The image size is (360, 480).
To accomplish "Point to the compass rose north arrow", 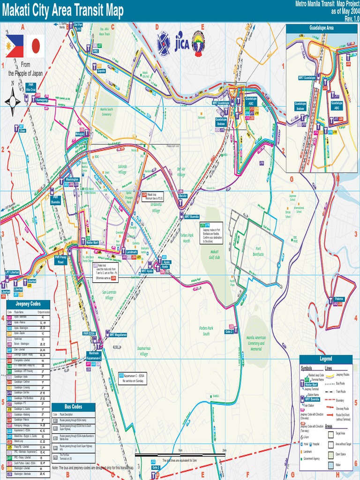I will [x=13, y=100].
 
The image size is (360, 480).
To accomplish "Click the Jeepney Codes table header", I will [x=29, y=304].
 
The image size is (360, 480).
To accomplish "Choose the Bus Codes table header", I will [x=73, y=407].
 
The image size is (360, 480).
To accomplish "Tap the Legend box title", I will [x=325, y=359].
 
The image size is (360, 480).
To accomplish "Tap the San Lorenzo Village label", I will [x=109, y=295].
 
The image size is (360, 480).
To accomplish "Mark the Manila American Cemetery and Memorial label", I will [x=256, y=343].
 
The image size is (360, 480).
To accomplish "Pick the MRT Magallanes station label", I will [x=118, y=335].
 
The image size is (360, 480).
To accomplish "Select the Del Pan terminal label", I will [x=78, y=24].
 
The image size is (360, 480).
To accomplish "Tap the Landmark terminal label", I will [x=132, y=252].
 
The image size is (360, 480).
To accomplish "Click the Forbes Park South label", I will [x=206, y=330].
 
